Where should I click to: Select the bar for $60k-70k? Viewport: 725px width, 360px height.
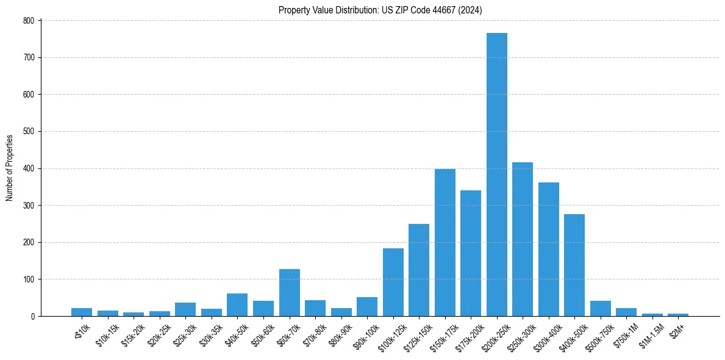[289, 293]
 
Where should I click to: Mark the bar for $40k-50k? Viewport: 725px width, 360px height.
[237, 305]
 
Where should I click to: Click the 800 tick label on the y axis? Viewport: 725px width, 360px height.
[29, 21]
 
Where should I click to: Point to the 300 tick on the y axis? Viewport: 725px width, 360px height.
[29, 206]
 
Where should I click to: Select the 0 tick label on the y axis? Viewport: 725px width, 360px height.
[33, 317]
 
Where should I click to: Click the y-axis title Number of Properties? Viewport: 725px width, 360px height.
[9, 168]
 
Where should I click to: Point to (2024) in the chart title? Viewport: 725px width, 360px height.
[470, 10]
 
